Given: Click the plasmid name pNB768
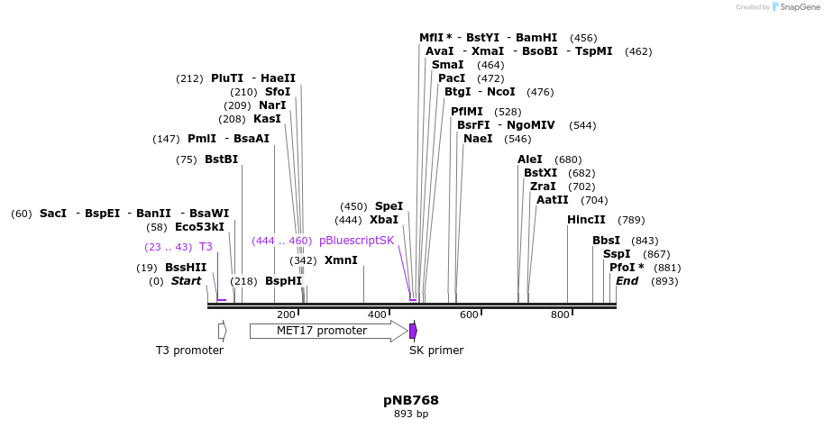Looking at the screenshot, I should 411,400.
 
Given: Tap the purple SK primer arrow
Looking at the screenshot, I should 413,331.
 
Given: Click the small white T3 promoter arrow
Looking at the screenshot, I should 222,331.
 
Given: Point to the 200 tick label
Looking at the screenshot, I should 286,314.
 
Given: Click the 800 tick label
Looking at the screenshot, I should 560,314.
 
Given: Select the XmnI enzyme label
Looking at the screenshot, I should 341,260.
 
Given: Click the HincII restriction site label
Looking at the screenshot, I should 586,220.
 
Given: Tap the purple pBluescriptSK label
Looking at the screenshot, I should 356,241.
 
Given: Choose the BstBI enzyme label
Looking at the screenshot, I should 221,159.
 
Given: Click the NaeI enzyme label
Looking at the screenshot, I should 478,139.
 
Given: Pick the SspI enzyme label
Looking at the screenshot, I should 617,254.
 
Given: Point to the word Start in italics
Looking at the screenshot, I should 186,281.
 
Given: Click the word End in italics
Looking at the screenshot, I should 627,281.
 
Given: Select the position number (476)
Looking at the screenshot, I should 540,92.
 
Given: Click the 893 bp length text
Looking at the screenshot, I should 411,414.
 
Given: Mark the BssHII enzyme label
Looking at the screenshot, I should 186,268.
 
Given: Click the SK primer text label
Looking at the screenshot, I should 436,351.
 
